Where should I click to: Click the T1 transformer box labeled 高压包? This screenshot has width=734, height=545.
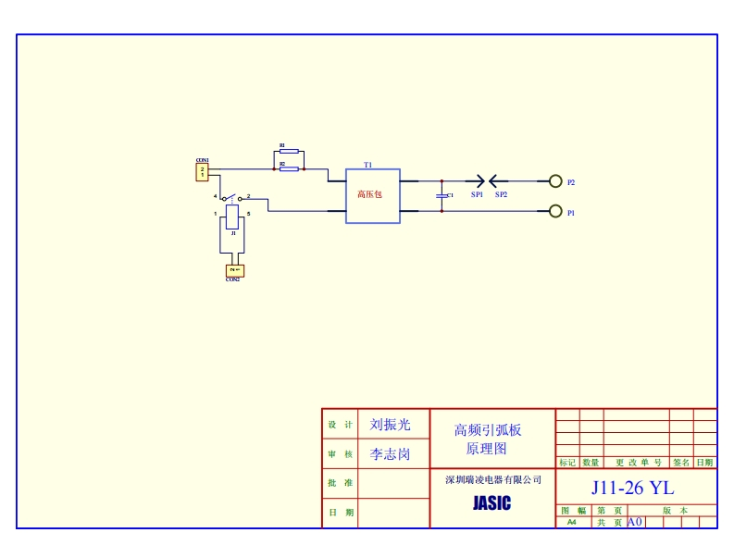[x=373, y=195]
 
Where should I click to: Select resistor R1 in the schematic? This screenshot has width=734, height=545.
[x=288, y=152]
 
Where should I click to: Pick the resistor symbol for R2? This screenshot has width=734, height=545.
[x=289, y=168]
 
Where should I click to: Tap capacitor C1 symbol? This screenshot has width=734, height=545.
[x=442, y=196]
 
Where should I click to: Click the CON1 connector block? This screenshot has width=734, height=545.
[x=203, y=172]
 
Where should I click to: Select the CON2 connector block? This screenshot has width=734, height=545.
[x=233, y=270]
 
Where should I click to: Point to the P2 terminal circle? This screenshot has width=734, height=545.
[x=555, y=181]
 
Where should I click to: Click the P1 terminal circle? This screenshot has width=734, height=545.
[x=555, y=212]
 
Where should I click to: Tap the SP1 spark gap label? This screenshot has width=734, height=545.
[x=477, y=195]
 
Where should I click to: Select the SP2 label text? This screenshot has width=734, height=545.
[x=501, y=195]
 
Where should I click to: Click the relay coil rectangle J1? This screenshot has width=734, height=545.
[x=233, y=217]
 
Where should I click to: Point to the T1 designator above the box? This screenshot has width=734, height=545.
[x=367, y=164]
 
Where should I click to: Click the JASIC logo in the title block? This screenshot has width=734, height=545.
[x=491, y=504]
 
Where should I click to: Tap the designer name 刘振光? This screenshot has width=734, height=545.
[x=390, y=425]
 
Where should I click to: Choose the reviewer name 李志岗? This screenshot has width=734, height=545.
[x=390, y=454]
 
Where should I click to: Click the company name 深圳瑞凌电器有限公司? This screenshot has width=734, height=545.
[x=492, y=480]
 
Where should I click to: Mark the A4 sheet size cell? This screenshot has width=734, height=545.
[x=571, y=522]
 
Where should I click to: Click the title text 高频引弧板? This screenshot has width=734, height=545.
[x=488, y=430]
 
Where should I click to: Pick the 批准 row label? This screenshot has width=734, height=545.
[x=340, y=483]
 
